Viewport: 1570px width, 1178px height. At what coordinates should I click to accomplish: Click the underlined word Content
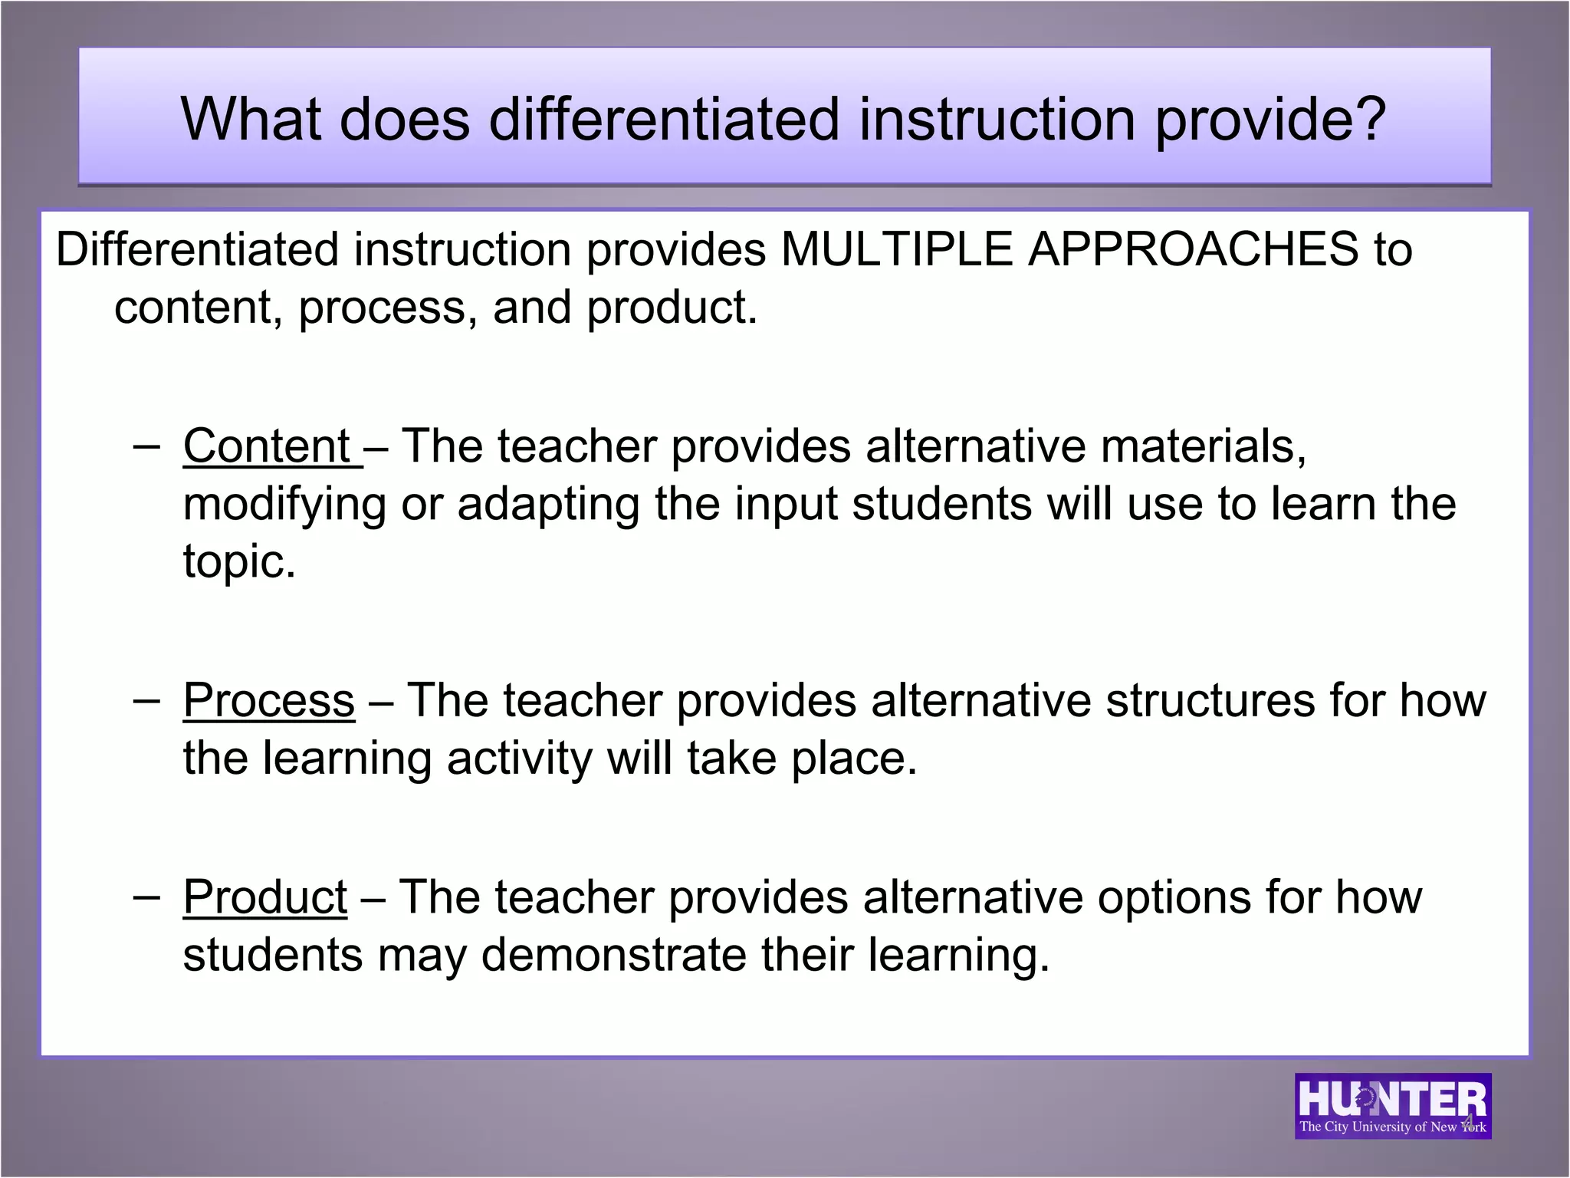pos(266,446)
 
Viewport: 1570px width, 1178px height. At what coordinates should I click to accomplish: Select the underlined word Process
pos(268,701)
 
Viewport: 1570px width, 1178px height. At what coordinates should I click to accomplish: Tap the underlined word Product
pos(264,897)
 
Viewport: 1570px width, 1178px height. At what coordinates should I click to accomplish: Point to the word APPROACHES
pos(1193,250)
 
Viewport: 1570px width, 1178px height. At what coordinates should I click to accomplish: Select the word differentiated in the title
pos(664,119)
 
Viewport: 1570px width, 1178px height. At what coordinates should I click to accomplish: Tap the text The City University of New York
pos(1392,1127)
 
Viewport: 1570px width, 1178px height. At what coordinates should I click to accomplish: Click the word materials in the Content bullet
pos(1204,446)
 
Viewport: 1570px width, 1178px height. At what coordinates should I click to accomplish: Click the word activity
pos(519,759)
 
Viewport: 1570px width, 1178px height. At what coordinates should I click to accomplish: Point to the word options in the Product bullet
pos(1174,897)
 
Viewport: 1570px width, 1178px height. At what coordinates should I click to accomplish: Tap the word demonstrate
pos(614,956)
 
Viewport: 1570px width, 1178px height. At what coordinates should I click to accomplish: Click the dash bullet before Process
pos(146,699)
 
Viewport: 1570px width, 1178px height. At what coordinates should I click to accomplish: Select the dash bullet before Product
pos(146,896)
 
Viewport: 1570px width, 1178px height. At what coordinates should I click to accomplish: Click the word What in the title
pos(250,119)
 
